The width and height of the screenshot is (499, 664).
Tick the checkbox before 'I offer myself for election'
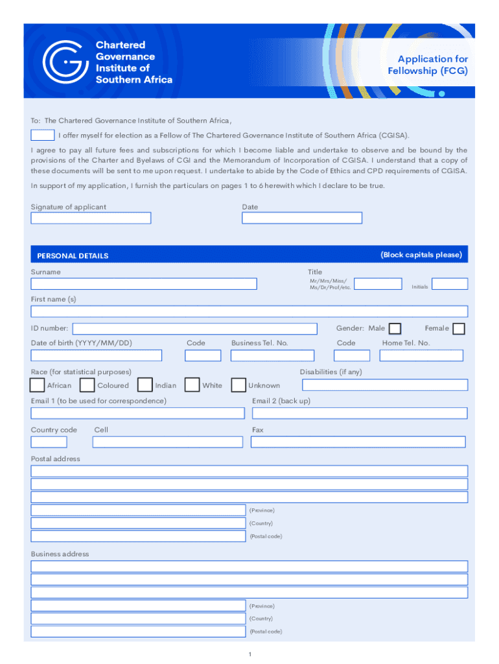pos(43,135)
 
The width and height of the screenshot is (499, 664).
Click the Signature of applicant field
pos(91,218)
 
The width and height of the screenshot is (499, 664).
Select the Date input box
pos(302,218)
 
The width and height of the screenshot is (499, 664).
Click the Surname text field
pos(144,283)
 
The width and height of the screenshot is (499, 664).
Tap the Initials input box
pos(450,283)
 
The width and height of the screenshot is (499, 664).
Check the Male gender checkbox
pos(395,329)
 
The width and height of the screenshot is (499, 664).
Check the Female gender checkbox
pos(459,329)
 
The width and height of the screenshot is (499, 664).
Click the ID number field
pos(195,329)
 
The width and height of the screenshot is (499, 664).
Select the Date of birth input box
pos(97,355)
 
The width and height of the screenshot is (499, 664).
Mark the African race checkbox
pos(38,385)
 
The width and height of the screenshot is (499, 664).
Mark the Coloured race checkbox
pos(87,385)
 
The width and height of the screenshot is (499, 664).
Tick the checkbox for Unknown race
pos(239,385)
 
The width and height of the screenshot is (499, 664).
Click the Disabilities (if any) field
pos(385,385)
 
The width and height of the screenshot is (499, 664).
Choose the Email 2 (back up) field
pos(360,413)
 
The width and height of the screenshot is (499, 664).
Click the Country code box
pos(49,442)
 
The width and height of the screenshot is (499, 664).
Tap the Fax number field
pos(358,442)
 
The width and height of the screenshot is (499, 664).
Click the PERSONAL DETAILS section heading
pos(73,255)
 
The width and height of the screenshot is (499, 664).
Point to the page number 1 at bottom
pos(250,654)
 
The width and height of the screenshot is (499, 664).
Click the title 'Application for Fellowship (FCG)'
pos(428,65)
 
